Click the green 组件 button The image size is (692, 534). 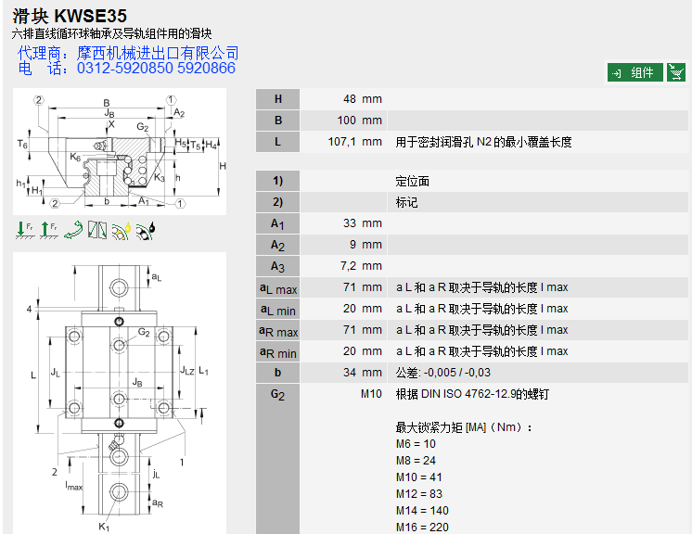click(634, 72)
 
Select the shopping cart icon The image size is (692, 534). click(676, 72)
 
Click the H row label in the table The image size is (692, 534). click(277, 99)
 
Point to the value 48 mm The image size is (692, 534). click(362, 99)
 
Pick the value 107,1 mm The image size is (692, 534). click(354, 142)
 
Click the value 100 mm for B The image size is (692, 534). click(359, 121)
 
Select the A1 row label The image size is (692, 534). click(277, 223)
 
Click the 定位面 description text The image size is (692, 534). click(413, 181)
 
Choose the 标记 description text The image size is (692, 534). click(407, 202)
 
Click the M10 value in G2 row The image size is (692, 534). click(371, 394)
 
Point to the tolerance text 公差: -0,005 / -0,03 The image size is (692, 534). click(443, 373)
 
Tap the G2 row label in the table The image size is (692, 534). click(277, 394)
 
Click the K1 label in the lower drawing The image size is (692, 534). click(104, 527)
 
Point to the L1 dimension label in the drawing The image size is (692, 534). click(203, 372)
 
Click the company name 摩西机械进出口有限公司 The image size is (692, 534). click(157, 53)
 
